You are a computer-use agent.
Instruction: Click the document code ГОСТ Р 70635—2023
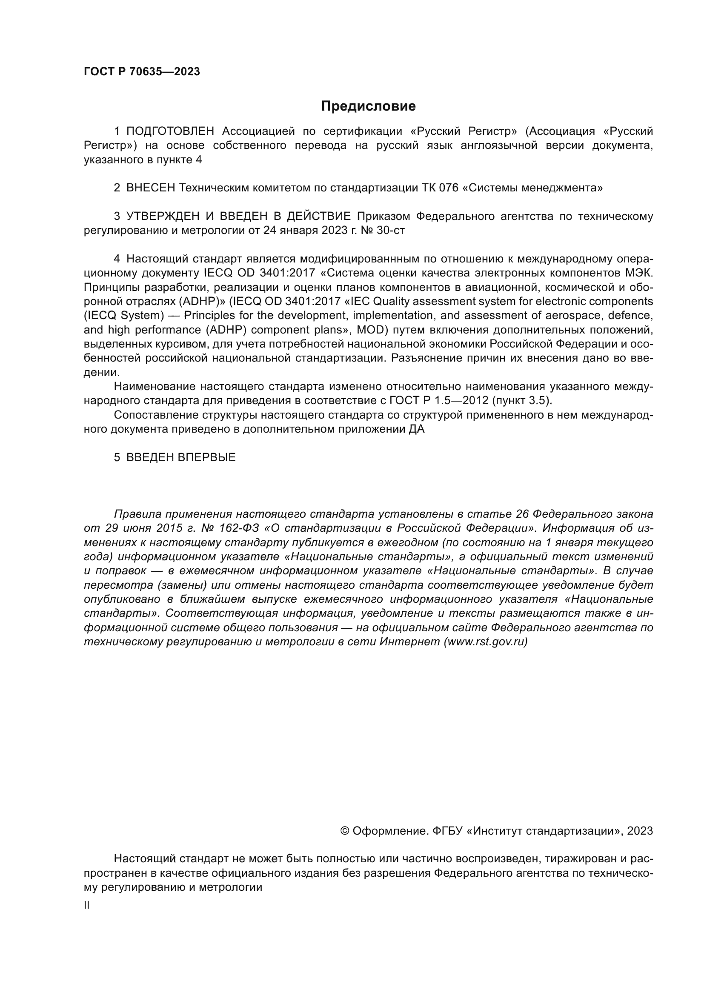[x=142, y=71]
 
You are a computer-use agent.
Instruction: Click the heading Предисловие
[x=368, y=106]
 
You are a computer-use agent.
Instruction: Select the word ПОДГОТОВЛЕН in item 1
[x=170, y=131]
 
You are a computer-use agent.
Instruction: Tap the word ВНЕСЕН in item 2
[x=151, y=188]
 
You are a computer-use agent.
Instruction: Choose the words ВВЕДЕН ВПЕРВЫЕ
[x=181, y=457]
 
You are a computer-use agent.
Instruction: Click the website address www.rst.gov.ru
[x=486, y=642]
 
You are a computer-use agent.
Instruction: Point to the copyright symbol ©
[x=345, y=831]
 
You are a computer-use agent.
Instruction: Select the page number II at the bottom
[x=87, y=905]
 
